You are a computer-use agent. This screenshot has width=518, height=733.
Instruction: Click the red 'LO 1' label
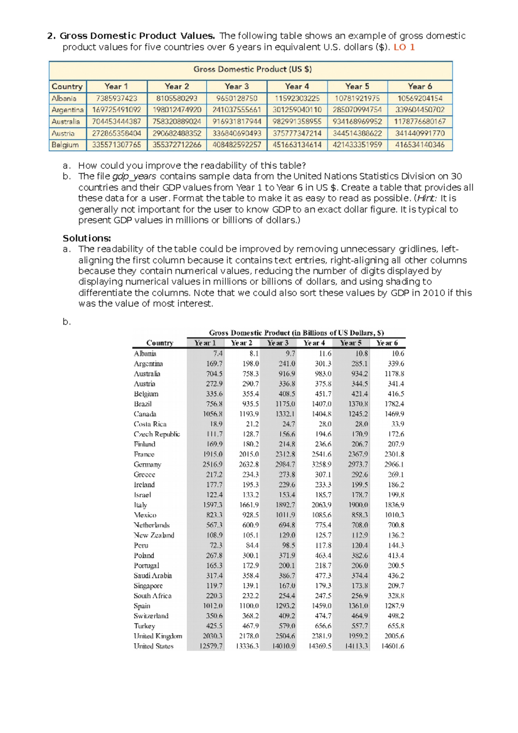404,47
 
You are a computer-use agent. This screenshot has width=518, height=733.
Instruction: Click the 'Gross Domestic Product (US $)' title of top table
252,69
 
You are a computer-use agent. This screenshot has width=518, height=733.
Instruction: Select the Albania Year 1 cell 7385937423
117,98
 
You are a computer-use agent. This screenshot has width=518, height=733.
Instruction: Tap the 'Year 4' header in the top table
297,86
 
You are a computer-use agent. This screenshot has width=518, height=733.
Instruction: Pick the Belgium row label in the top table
65,145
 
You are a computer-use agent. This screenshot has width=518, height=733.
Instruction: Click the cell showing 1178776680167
420,122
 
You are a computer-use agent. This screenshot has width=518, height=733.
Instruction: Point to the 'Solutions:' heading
87,238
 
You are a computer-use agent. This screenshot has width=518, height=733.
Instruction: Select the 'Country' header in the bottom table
160,343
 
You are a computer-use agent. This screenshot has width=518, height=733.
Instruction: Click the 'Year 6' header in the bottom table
387,343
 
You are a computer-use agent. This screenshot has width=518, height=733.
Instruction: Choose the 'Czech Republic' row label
157,434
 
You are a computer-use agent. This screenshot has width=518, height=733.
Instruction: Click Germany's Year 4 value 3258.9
322,464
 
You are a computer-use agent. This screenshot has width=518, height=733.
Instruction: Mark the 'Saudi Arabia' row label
153,575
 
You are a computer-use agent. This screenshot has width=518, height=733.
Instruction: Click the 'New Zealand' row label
154,535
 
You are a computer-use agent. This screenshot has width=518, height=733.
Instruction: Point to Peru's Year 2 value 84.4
252,545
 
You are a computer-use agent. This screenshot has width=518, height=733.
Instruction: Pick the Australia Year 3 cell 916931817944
237,122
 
